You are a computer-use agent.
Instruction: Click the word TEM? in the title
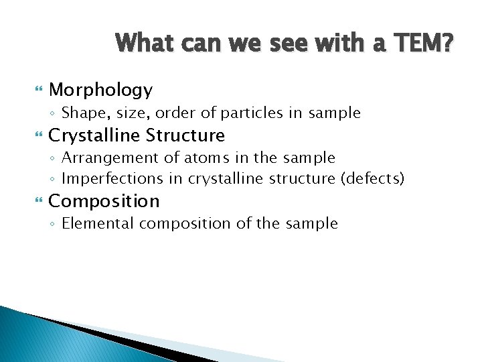tap(424, 44)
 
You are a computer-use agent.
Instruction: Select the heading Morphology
tap(100, 90)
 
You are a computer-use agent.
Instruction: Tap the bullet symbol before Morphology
tap(27, 90)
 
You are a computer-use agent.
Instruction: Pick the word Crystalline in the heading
tap(93, 135)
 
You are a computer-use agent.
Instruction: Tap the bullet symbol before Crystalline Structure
tap(27, 135)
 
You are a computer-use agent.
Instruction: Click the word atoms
tap(192, 158)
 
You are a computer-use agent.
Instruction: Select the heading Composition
tap(104, 201)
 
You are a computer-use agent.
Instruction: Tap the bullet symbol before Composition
tap(27, 201)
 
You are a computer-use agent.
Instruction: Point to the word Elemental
tap(94, 224)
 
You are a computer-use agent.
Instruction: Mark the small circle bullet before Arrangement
tap(54, 159)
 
